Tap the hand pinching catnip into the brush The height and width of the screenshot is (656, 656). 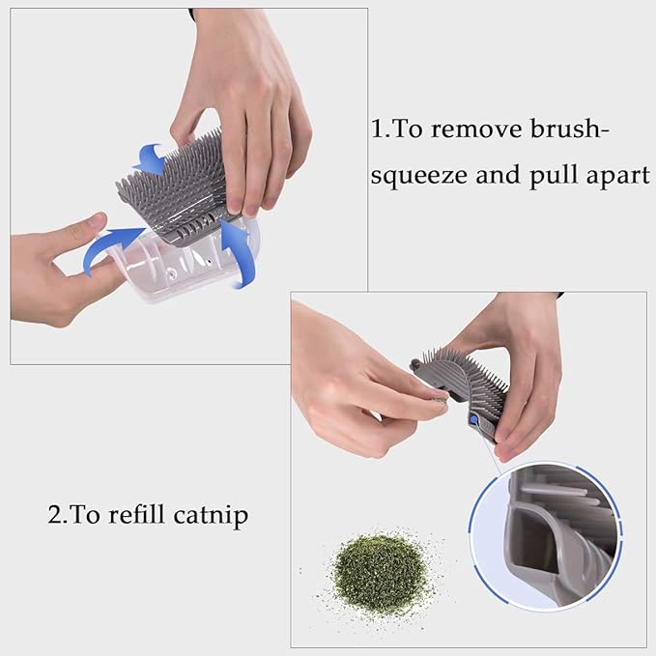[357, 372]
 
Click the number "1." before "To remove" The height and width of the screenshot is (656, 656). [381, 129]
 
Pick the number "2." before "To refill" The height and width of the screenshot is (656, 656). [57, 514]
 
